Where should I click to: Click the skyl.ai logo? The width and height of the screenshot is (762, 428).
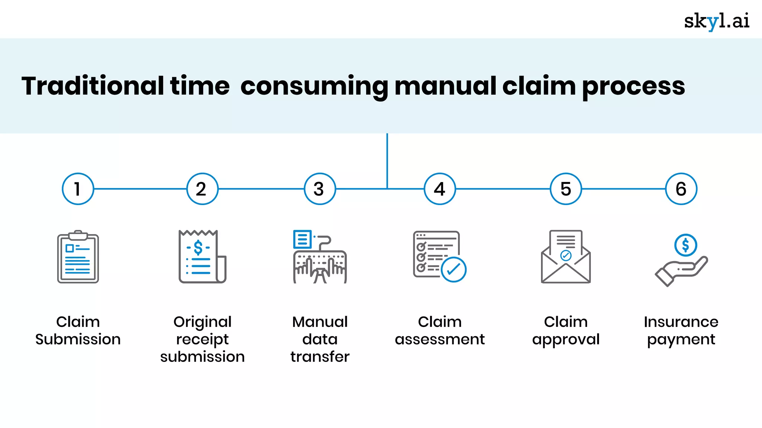point(716,21)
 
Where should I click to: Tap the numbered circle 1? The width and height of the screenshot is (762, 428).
point(78,189)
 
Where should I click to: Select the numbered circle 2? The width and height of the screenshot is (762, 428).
point(202,189)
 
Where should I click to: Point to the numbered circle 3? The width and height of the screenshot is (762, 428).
point(320,189)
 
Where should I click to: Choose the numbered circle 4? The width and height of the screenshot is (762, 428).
point(440,189)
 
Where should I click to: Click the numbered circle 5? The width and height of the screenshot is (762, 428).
point(566,189)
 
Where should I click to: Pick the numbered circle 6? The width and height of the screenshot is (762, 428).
point(681,189)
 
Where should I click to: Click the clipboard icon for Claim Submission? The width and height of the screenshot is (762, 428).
point(78,257)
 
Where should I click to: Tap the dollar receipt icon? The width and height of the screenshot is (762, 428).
point(202,257)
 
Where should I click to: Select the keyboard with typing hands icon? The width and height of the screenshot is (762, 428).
point(320,257)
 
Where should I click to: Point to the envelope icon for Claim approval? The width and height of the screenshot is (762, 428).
point(566,257)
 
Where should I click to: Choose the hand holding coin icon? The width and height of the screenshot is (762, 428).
point(681,260)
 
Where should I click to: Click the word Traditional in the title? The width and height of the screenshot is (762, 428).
point(93,86)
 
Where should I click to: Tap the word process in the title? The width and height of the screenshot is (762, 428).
point(633,87)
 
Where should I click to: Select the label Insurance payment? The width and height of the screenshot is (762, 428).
point(681,330)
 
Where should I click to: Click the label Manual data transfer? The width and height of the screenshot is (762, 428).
point(320,339)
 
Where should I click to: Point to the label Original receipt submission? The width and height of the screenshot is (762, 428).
point(202,339)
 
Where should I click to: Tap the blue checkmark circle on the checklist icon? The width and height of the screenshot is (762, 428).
point(454,270)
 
